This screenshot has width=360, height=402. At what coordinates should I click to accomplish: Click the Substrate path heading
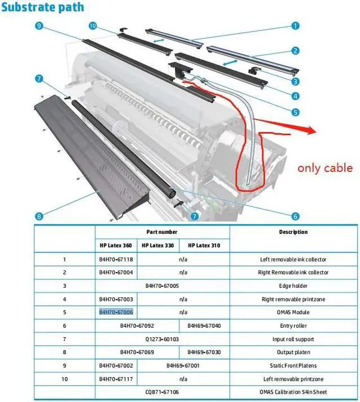point(43,8)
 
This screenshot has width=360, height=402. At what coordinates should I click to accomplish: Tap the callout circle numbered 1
point(295,25)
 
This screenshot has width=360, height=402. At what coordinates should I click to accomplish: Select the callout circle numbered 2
point(295,51)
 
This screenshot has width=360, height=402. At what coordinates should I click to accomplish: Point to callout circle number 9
point(38,26)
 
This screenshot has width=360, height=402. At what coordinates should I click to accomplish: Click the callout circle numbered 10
point(93,26)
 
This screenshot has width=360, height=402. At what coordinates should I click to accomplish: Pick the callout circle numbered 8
point(38,215)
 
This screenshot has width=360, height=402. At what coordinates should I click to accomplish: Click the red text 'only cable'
point(325,168)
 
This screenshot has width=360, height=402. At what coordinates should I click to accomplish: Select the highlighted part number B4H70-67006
point(116,312)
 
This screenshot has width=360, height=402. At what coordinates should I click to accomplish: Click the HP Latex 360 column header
point(116,245)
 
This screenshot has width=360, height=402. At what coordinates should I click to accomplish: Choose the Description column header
point(293,232)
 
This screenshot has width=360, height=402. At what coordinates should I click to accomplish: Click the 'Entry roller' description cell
point(293,326)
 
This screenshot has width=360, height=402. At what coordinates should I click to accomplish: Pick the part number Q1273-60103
point(162,339)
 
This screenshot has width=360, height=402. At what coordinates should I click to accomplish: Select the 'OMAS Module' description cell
point(293,312)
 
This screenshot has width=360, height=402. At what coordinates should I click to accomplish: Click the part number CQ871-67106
point(162,392)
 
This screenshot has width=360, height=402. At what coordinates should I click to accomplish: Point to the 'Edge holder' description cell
point(293,286)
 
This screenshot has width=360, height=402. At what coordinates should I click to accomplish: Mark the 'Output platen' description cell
point(293,352)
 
